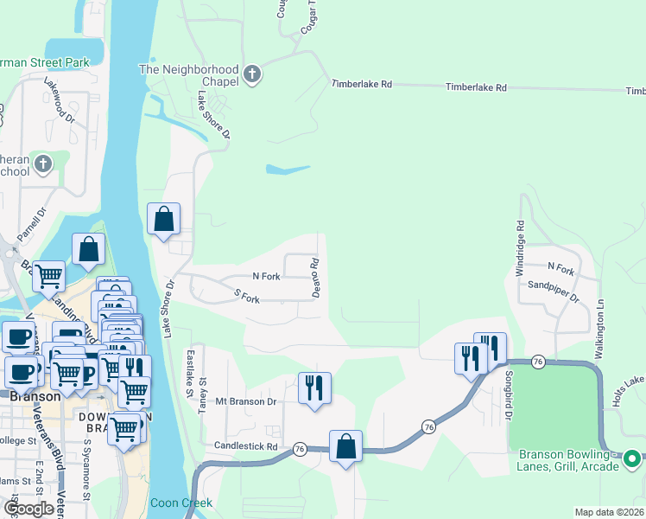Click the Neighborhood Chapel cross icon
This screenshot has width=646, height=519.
click(252, 74)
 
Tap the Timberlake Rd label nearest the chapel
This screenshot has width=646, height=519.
click(363, 85)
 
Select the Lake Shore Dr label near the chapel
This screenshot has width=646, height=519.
click(214, 115)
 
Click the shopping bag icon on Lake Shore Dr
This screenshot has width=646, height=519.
click(163, 219)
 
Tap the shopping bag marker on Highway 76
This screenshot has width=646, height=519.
click(345, 447)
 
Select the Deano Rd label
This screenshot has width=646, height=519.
click(316, 278)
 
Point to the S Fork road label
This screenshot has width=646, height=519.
click(247, 298)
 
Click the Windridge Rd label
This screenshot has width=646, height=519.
click(520, 248)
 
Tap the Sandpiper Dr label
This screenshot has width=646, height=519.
click(553, 289)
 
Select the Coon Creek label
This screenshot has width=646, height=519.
click(180, 503)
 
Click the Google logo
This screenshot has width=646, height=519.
click(28, 509)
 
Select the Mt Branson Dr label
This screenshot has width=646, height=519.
click(245, 401)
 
